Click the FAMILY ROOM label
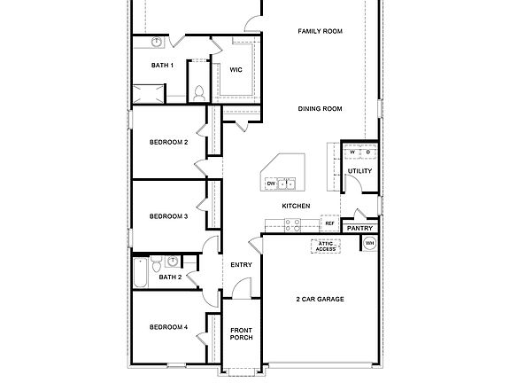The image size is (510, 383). tap(320, 31)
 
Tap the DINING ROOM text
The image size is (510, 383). tap(320, 109)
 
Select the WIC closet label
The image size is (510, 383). tap(236, 69)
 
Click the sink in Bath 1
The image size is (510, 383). tap(156, 42)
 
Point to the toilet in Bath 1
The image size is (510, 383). tap(199, 90)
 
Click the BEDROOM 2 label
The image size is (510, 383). tap(168, 142)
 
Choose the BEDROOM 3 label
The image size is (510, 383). tap(168, 215)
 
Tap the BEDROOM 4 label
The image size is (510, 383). tap(168, 327)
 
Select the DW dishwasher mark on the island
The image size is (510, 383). tap(271, 184)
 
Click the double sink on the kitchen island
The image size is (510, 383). tap(287, 184)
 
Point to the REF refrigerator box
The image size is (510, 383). tap(329, 224)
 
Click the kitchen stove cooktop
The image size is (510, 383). tap(329, 163)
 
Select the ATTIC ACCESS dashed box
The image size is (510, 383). tap(327, 247)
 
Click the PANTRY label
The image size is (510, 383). tap(359, 228)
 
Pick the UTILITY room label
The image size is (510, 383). tap(359, 171)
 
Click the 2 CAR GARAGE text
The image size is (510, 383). tap(320, 299)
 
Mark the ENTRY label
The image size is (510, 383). tap(241, 264)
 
